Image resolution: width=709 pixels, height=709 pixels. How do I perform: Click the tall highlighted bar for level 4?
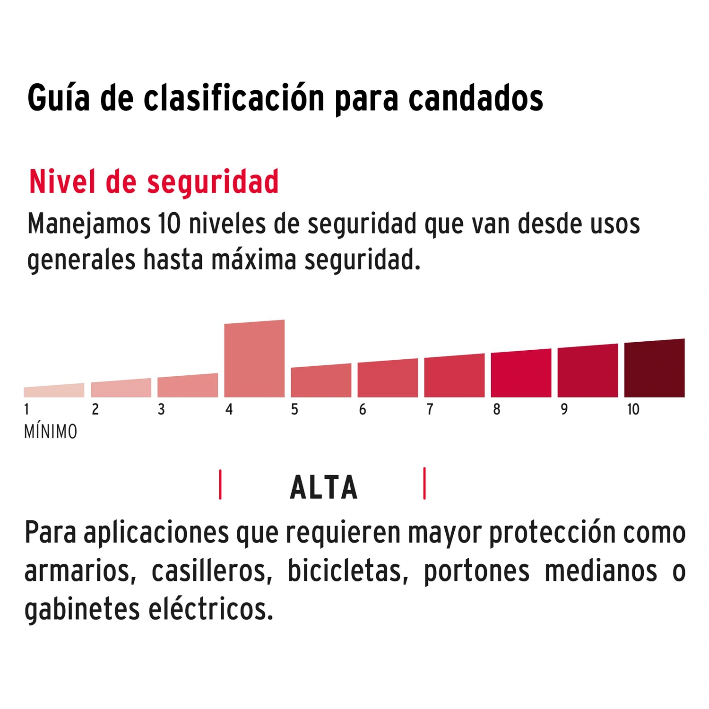pyautogui.click(x=254, y=359)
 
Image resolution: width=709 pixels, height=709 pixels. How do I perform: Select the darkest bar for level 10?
pyautogui.click(x=654, y=369)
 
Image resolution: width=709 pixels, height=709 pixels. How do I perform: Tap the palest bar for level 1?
pyautogui.click(x=54, y=391)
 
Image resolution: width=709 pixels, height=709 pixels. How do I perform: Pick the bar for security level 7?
pyautogui.click(x=454, y=377)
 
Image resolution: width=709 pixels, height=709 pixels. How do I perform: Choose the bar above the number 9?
pyautogui.click(x=588, y=372)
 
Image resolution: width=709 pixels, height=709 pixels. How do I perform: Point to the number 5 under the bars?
pyautogui.click(x=294, y=409)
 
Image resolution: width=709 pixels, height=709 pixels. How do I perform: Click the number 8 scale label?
pyautogui.click(x=496, y=409)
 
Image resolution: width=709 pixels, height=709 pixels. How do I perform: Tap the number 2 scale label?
pyautogui.click(x=95, y=409)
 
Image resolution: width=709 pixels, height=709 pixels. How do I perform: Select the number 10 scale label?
pyautogui.click(x=633, y=409)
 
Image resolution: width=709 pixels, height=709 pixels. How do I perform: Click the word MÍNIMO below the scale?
pyautogui.click(x=51, y=432)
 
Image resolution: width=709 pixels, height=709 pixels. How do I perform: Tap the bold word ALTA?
pyautogui.click(x=324, y=488)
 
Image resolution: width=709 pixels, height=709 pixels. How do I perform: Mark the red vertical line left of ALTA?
pyautogui.click(x=220, y=484)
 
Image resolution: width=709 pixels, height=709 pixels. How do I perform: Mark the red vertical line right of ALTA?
pyautogui.click(x=424, y=484)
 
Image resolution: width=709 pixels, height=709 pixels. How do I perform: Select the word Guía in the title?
pyautogui.click(x=59, y=98)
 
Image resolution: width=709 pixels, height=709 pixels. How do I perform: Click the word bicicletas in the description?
pyautogui.click(x=347, y=571)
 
